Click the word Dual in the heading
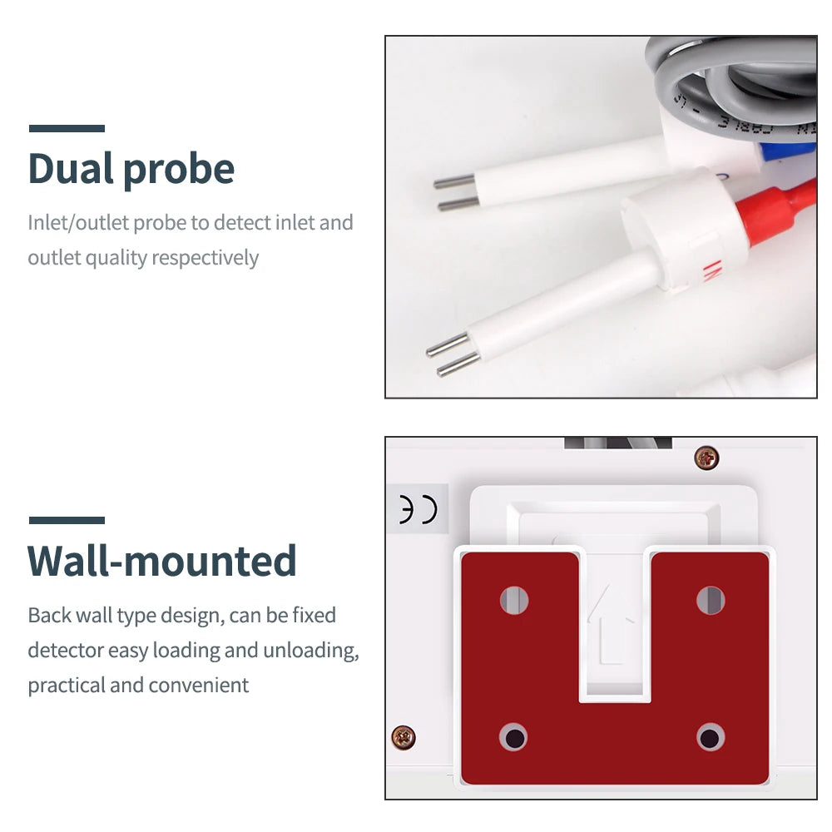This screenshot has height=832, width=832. [71, 168]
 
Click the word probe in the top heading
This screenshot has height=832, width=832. [179, 171]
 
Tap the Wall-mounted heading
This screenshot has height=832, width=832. [162, 560]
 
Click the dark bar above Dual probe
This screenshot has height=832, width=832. [67, 128]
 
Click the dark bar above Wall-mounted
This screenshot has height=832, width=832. [67, 520]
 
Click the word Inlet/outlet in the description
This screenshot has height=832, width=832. [78, 223]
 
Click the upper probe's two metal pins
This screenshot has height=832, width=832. [456, 193]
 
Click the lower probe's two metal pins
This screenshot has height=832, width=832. [453, 354]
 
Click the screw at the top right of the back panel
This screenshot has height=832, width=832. [706, 458]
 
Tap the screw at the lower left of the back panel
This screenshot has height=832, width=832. [404, 737]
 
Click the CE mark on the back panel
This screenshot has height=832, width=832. [418, 510]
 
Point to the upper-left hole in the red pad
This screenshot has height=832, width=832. [514, 600]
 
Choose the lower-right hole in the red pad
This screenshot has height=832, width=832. [711, 737]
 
